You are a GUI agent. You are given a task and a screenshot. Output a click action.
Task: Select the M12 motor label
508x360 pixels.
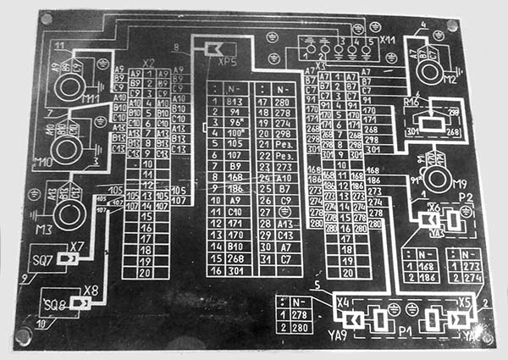tap(448, 80)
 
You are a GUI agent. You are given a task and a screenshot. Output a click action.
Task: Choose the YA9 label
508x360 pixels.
tap(339, 335)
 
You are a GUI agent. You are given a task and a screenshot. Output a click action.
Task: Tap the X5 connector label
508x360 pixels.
tap(465, 302)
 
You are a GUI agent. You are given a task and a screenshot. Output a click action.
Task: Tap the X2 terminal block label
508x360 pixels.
tap(149, 62)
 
